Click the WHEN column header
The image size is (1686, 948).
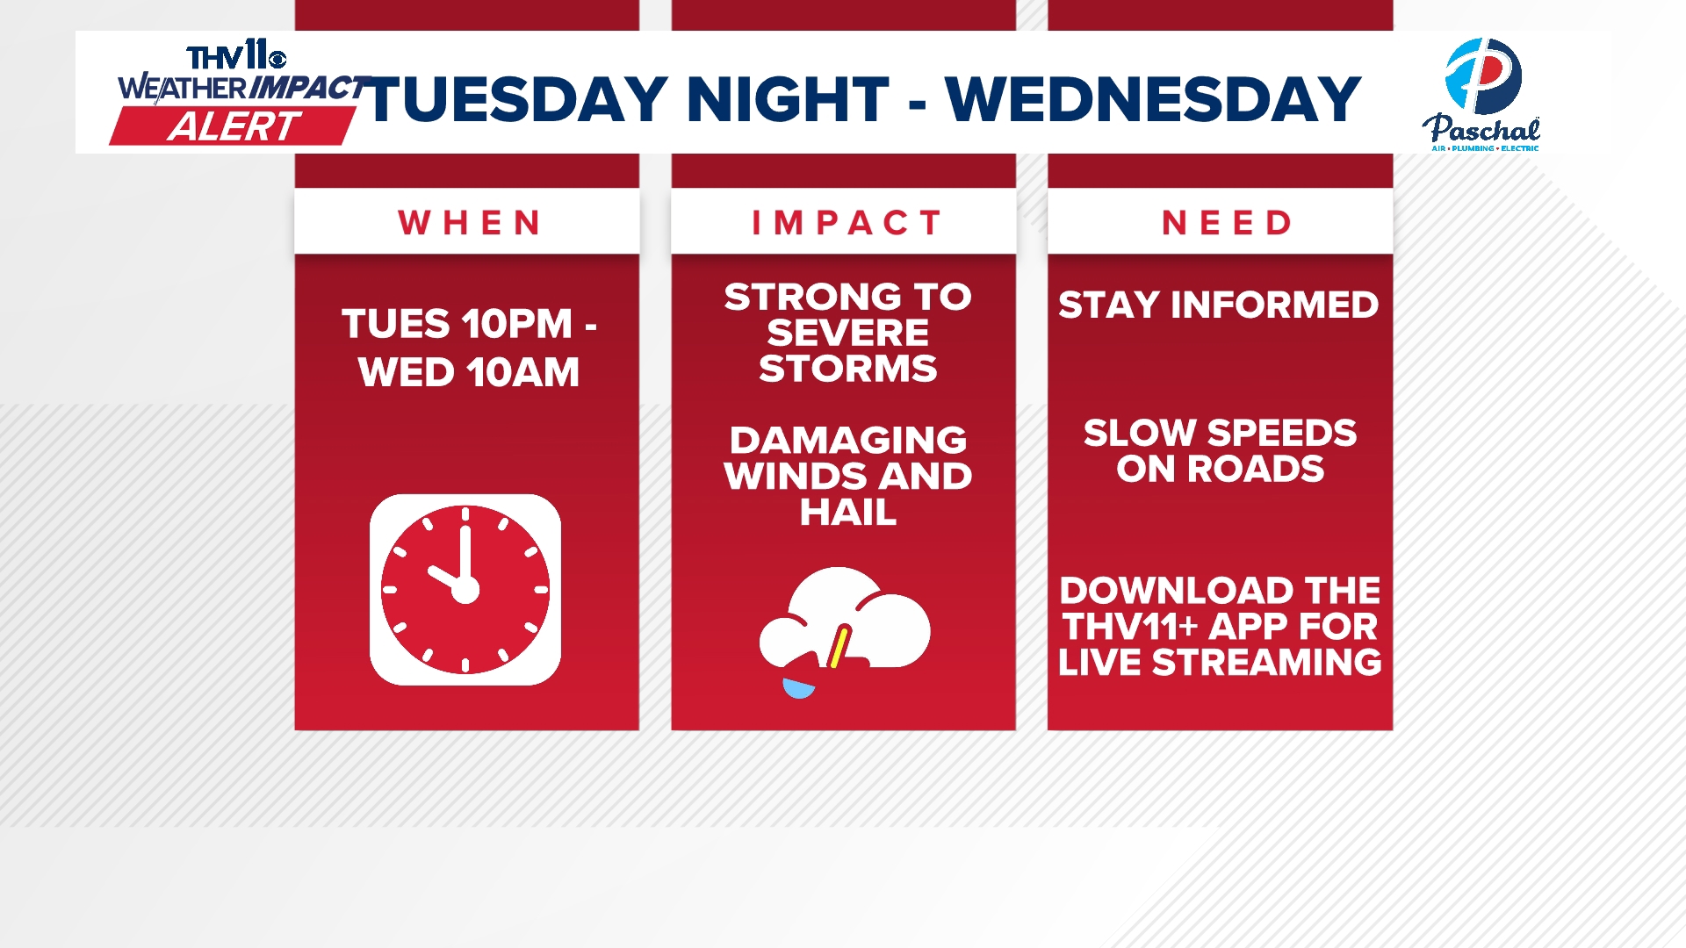[x=469, y=223]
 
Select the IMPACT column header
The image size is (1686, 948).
[x=847, y=223]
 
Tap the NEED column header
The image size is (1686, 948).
[x=1227, y=223]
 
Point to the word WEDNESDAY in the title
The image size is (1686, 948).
[x=1153, y=98]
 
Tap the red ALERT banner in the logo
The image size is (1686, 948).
[x=234, y=126]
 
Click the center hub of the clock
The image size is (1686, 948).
[x=465, y=590]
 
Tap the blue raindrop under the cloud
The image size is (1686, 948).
[x=798, y=688]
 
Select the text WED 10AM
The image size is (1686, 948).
[x=469, y=372]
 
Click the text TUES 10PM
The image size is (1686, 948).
[x=457, y=324]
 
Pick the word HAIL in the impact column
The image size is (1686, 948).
[x=848, y=512]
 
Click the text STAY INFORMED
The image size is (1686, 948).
[x=1219, y=305]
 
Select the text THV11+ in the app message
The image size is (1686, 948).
[x=1131, y=627]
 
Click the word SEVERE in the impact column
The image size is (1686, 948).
[x=848, y=333]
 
